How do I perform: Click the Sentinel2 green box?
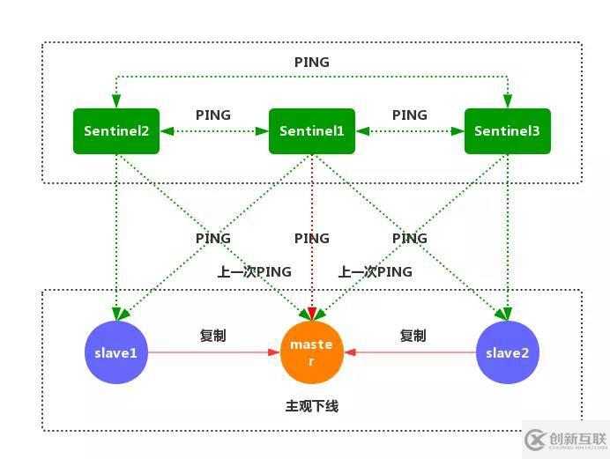116,131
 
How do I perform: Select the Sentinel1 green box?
311,131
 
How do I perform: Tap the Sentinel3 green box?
507,131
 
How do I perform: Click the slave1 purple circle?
116,352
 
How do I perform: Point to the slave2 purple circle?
507,352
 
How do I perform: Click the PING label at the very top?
311,63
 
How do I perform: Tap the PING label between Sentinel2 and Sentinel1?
213,115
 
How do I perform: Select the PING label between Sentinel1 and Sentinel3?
409,115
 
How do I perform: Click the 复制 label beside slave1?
213,336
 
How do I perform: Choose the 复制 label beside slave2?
413,336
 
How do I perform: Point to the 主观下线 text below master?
311,406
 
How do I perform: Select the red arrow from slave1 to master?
212,352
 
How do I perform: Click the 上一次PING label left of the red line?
254,271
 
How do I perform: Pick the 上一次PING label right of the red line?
375,271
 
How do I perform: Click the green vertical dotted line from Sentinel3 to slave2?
507,229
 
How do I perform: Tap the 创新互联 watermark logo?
564,438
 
